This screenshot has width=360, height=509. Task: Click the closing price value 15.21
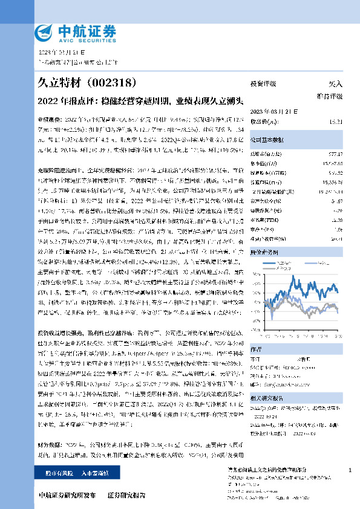click(x=336, y=122)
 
